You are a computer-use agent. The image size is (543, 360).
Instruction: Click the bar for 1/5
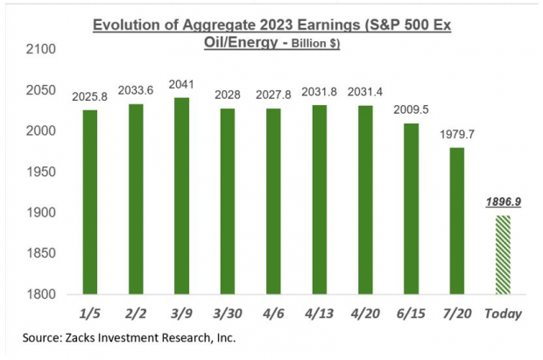click(91, 201)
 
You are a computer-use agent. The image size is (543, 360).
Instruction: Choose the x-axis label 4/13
click(319, 312)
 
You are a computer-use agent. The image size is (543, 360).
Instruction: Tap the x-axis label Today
click(502, 312)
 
